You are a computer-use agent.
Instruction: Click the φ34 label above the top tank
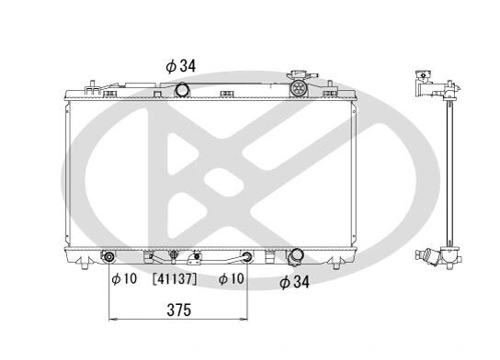tap(180, 66)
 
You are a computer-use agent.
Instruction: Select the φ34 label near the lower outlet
tap(294, 282)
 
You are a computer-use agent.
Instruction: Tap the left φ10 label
tap(124, 279)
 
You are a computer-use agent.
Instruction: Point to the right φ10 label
tap(232, 279)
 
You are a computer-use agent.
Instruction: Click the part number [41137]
tap(175, 279)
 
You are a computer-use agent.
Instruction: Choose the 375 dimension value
tap(179, 310)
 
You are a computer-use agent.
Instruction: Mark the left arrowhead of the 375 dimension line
tap(111, 319)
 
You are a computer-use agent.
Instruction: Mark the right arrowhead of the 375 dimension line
tap(244, 319)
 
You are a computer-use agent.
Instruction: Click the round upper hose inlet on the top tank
tap(182, 89)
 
